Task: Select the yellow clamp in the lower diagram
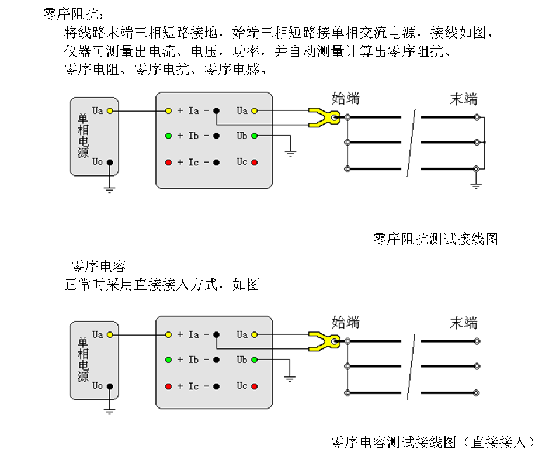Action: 323,341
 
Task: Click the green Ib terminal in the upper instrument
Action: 168,136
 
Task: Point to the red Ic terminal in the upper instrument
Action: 168,162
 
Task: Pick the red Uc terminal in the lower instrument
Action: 254,386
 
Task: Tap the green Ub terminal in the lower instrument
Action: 254,360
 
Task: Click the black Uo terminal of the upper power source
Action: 109,162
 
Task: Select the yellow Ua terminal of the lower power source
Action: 109,335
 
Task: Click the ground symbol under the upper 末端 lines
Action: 477,185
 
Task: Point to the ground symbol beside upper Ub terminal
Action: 290,153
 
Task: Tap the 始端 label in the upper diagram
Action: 345,98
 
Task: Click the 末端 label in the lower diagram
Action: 463,322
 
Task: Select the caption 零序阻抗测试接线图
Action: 435,239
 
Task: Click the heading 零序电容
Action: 99,267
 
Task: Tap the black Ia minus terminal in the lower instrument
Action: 216,335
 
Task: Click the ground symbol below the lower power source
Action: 109,411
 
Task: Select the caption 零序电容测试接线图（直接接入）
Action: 433,442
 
